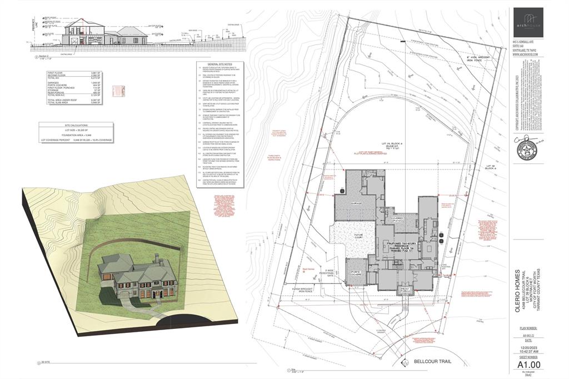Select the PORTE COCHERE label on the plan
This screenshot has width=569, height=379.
click(x=357, y=273)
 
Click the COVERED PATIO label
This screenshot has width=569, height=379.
click(x=398, y=219)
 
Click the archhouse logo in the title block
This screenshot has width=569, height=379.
click(x=529, y=22)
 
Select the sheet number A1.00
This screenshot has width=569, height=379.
click(x=530, y=363)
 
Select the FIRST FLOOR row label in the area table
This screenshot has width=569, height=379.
click(x=56, y=73)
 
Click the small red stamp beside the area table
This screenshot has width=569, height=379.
click(x=117, y=90)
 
